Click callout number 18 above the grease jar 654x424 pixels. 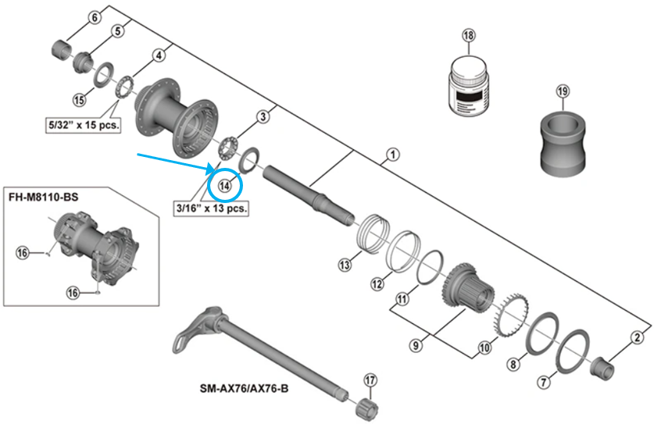(x=468, y=36)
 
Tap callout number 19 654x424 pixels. (x=563, y=92)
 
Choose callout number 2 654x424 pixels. (x=638, y=337)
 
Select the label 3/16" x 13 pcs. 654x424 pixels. (x=211, y=208)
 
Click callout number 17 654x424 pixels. (x=370, y=380)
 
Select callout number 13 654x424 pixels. (x=345, y=265)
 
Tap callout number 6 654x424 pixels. (x=95, y=18)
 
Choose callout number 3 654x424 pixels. (x=263, y=117)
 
